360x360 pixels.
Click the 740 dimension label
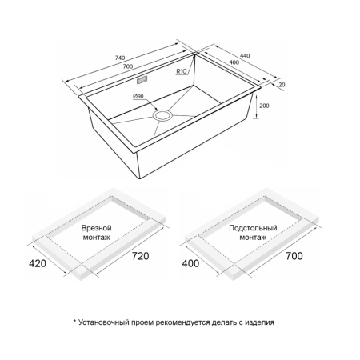pos(120,58)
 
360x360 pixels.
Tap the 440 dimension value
pos(245,55)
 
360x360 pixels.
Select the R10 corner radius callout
pos(182,71)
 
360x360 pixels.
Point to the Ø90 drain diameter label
pos(138,96)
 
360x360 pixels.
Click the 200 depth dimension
pos(264,106)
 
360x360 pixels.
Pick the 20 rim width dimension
pos(282,85)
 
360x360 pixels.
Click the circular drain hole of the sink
pos(162,116)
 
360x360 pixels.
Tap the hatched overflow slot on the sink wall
pos(142,80)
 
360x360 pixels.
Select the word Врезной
pos(96,228)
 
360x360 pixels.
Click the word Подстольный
pos(253,228)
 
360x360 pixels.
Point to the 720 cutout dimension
pos(141,256)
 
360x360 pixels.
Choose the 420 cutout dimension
pos(38,263)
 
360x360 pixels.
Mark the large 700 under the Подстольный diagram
pos(294,256)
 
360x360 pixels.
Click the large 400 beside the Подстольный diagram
pos(190,263)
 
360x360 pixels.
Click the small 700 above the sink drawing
pos(128,66)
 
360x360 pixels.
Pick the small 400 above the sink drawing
pos(234,62)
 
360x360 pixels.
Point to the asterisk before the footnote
pos(75,321)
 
